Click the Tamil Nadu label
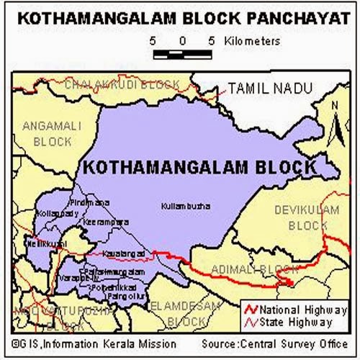[x=270, y=88]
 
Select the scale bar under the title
[x=181, y=53]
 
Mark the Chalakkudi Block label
[x=122, y=85]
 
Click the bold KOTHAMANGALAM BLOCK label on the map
[x=199, y=167]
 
